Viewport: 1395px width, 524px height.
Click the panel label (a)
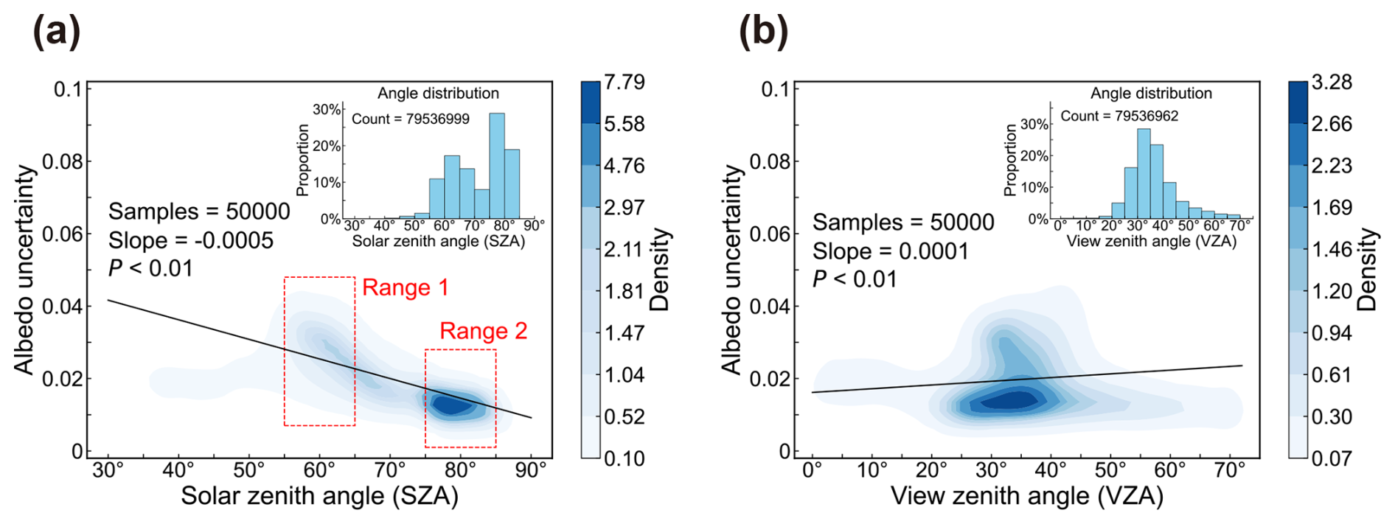click(56, 32)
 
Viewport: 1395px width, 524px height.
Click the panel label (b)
click(763, 32)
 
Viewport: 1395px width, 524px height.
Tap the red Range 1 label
click(405, 287)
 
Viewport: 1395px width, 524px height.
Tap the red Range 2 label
click(483, 331)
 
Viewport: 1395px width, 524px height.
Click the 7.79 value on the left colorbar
click(624, 82)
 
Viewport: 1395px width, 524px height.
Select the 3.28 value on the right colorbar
click(1332, 82)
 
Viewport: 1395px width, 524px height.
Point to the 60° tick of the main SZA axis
click(320, 470)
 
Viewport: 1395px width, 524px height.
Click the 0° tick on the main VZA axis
click(812, 470)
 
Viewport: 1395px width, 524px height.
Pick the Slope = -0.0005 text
click(190, 240)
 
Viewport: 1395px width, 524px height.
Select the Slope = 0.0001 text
click(890, 251)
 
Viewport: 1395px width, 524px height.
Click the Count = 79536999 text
click(410, 119)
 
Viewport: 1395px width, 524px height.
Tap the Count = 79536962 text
click(1119, 116)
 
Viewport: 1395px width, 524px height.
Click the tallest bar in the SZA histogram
click(497, 166)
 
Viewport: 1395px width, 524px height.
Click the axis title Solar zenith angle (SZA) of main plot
click(319, 496)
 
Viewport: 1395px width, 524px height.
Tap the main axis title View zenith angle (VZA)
click(1027, 496)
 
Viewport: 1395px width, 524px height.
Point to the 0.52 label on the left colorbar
click(624, 416)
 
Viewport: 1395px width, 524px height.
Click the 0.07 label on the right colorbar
click(1332, 458)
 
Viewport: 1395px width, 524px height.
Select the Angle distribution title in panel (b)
click(1151, 94)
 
